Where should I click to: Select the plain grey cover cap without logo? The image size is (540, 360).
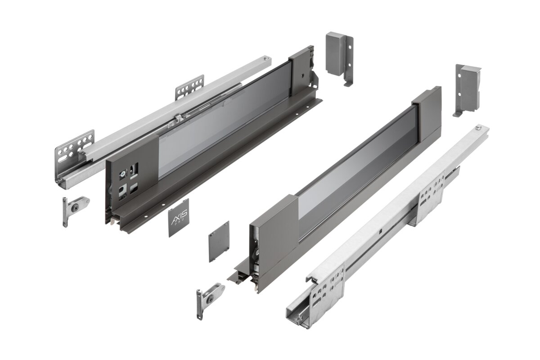219,241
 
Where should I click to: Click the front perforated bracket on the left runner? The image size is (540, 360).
75,146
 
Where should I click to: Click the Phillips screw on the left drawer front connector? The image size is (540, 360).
122,173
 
